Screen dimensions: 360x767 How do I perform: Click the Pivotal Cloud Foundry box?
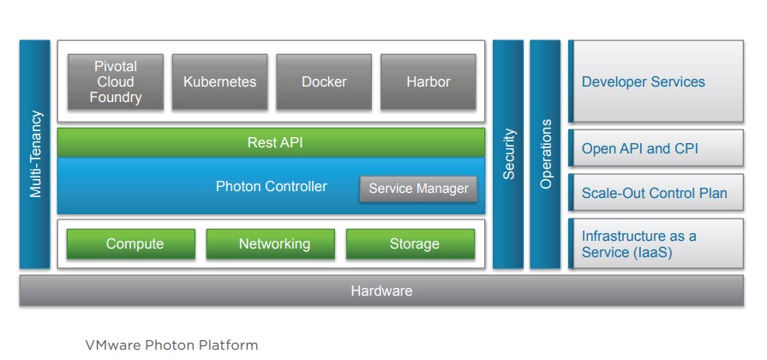coord(116,82)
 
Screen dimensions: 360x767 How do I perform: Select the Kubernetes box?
coord(220,82)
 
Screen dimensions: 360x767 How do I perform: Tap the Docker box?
coord(324,82)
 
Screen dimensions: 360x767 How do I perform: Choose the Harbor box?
coord(428,82)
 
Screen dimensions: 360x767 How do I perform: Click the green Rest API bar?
coord(271,143)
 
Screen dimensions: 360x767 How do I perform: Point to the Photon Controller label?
coord(271,186)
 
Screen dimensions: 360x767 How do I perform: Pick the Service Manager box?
coord(418,189)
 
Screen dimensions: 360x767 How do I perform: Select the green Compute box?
coord(135,244)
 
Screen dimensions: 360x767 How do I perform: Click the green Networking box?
coord(274,244)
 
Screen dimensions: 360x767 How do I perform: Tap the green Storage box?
coord(414,244)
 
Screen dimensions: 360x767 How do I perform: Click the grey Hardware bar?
coord(381,291)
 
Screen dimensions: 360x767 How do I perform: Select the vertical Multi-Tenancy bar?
coord(35,154)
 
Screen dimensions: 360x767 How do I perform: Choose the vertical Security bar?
coord(508,154)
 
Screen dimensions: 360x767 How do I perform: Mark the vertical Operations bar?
coord(545,154)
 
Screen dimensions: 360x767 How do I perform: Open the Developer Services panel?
coord(656,82)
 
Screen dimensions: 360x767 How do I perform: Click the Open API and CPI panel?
coord(656,149)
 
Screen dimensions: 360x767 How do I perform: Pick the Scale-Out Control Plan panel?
coord(656,194)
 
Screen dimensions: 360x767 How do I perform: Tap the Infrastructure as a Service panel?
coord(656,243)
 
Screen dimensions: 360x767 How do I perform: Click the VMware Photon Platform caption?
coord(171,345)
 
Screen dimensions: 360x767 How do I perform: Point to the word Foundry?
coord(116,98)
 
